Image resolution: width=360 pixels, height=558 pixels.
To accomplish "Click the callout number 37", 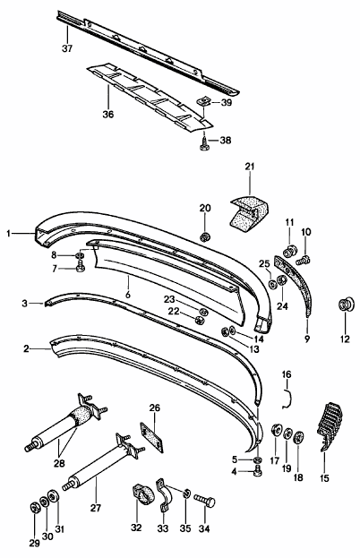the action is click(67, 48).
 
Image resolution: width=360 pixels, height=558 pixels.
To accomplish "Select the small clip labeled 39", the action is click(203, 102).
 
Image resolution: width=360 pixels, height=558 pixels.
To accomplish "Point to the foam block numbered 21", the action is click(248, 213).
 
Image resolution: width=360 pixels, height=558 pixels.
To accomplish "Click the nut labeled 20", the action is click(205, 236).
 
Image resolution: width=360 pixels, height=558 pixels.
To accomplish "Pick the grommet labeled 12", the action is click(345, 305).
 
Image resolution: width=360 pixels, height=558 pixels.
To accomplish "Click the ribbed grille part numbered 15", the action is click(330, 426).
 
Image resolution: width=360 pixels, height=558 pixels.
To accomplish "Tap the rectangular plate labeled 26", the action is click(152, 437).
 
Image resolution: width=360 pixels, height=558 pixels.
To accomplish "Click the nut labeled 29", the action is click(34, 508).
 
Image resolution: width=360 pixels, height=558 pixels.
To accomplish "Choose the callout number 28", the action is click(59, 463).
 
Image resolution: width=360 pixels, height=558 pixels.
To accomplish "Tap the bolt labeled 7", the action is click(80, 265).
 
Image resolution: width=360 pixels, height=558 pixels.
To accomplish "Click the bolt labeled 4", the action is click(258, 471).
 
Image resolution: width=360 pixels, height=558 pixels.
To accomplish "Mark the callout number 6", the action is click(128, 295).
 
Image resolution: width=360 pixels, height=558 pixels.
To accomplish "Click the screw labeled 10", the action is click(304, 261).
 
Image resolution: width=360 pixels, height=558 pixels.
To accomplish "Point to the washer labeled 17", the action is click(276, 431).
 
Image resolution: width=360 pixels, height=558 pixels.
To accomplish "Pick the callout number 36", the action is click(108, 115).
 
